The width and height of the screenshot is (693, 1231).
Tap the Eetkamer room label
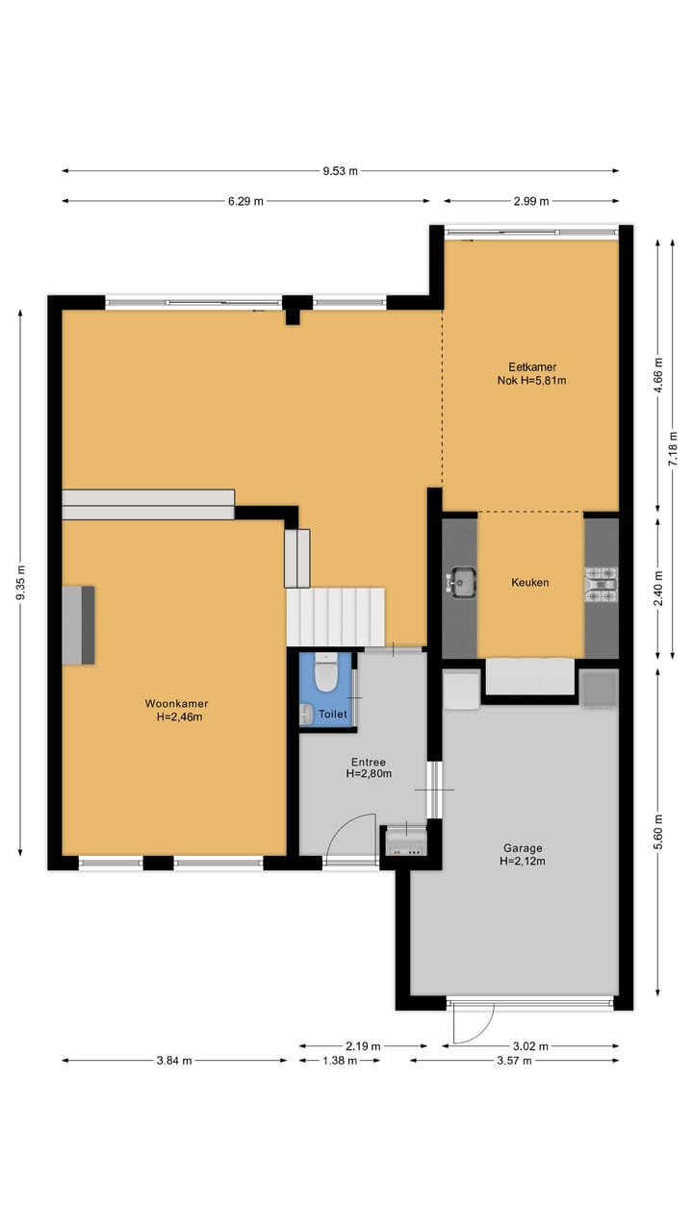(x=531, y=372)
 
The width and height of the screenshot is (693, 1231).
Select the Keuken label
(x=529, y=582)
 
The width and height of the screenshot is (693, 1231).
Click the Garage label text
(x=523, y=854)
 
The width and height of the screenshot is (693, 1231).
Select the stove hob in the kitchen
(x=601, y=584)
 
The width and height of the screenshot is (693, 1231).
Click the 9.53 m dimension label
(x=340, y=171)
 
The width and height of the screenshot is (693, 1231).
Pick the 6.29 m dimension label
(x=245, y=201)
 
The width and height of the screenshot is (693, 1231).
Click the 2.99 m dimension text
(x=530, y=201)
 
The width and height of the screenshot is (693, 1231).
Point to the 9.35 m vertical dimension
(x=20, y=583)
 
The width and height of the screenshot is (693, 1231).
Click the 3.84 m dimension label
(x=173, y=1061)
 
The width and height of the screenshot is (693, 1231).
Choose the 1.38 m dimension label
(x=338, y=1061)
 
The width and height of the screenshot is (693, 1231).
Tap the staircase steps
(x=335, y=616)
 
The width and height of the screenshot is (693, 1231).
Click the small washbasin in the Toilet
(x=306, y=713)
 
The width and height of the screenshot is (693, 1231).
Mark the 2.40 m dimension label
(x=658, y=586)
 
